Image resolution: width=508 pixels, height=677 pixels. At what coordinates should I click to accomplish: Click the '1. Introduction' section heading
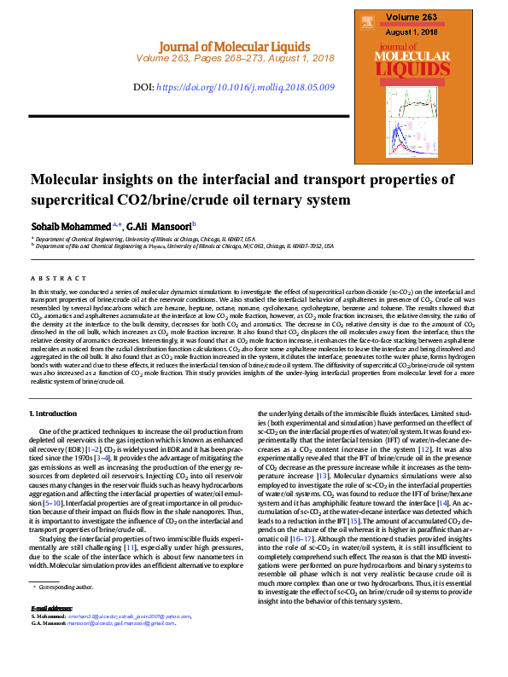coord(53,414)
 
